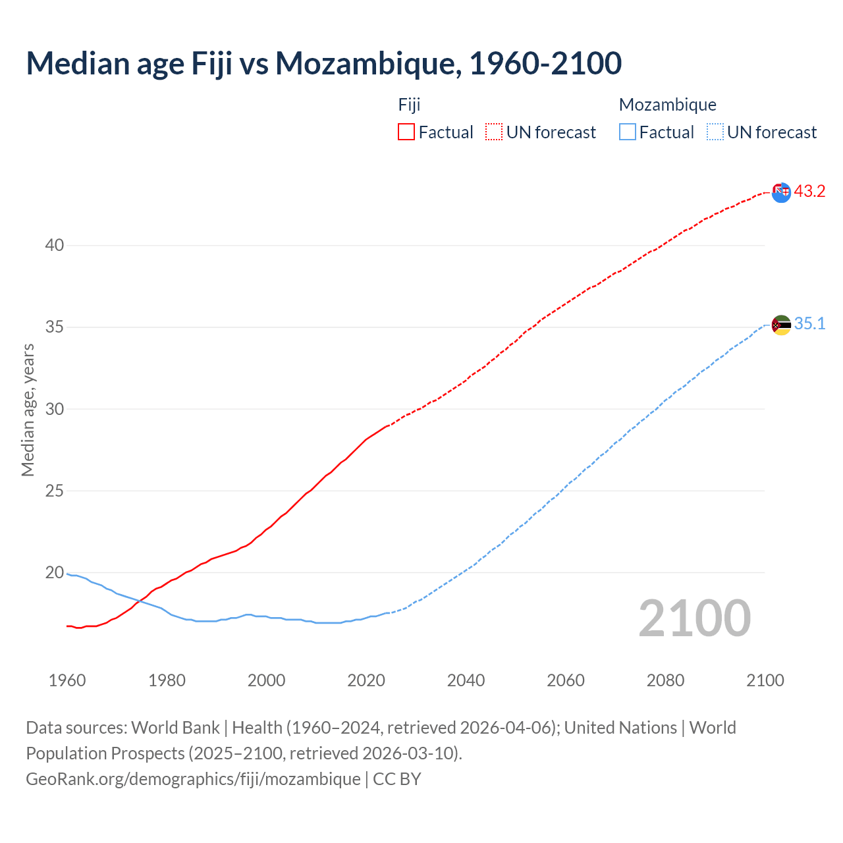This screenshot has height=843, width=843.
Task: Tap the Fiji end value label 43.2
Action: tap(809, 191)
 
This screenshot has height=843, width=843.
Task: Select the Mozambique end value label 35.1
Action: tap(809, 323)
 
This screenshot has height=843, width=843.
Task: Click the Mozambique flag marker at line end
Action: tap(781, 325)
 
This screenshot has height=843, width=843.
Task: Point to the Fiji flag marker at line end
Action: tap(781, 192)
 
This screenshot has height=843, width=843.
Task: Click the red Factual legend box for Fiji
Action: tap(406, 132)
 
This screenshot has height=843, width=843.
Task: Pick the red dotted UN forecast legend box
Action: tap(494, 132)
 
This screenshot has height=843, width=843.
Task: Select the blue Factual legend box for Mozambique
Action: tap(628, 132)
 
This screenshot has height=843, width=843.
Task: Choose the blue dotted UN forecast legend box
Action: tap(715, 132)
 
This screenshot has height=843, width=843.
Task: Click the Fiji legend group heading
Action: tap(409, 105)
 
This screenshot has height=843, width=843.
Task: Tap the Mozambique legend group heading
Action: tap(667, 105)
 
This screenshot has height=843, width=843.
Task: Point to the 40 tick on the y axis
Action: tap(55, 246)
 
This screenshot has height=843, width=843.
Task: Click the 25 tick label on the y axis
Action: tap(55, 491)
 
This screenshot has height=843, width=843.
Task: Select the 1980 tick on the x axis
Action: tap(167, 680)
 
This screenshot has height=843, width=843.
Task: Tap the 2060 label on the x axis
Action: tap(566, 680)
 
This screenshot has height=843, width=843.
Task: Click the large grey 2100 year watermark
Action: tap(695, 618)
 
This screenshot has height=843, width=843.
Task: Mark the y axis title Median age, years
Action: tap(28, 410)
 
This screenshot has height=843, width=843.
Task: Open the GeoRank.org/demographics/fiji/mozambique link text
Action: tap(193, 779)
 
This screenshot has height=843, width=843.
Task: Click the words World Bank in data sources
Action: tap(175, 728)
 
